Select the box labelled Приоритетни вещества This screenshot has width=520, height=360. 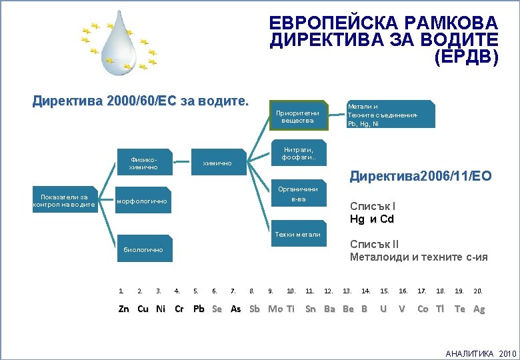pyautogui.click(x=297, y=116)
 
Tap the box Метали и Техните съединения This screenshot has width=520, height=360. pyautogui.click(x=390, y=114)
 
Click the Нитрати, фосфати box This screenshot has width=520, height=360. pyautogui.click(x=297, y=153)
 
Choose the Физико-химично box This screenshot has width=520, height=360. pyautogui.click(x=144, y=163)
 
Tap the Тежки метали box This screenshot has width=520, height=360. pyautogui.click(x=297, y=234)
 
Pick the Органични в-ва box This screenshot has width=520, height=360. pyautogui.click(x=297, y=194)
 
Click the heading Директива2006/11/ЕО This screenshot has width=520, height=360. pyautogui.click(x=421, y=177)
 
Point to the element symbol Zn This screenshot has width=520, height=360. pyautogui.click(x=123, y=309)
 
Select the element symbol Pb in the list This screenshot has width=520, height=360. pyautogui.click(x=199, y=309)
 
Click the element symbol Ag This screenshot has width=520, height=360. pyautogui.click(x=479, y=309)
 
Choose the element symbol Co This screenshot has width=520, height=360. pyautogui.click(x=423, y=309)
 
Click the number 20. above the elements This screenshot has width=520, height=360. pyautogui.click(x=478, y=291)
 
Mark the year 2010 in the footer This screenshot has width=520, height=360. pyautogui.click(x=507, y=353)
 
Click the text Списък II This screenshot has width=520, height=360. pyautogui.click(x=374, y=244)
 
